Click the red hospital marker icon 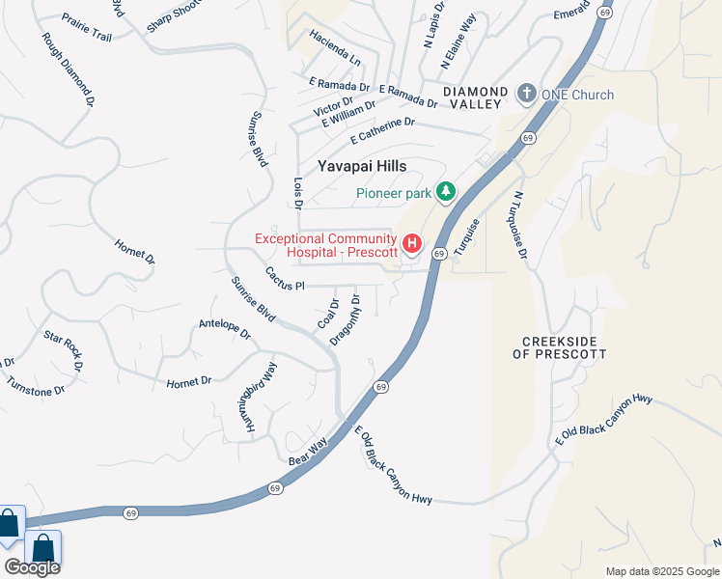click(412, 242)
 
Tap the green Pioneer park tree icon click(445, 192)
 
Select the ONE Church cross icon click(526, 94)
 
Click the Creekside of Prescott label click(564, 347)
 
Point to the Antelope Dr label click(224, 329)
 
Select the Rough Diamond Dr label click(68, 69)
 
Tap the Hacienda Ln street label click(335, 47)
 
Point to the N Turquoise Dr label click(520, 225)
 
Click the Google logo click(32, 567)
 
